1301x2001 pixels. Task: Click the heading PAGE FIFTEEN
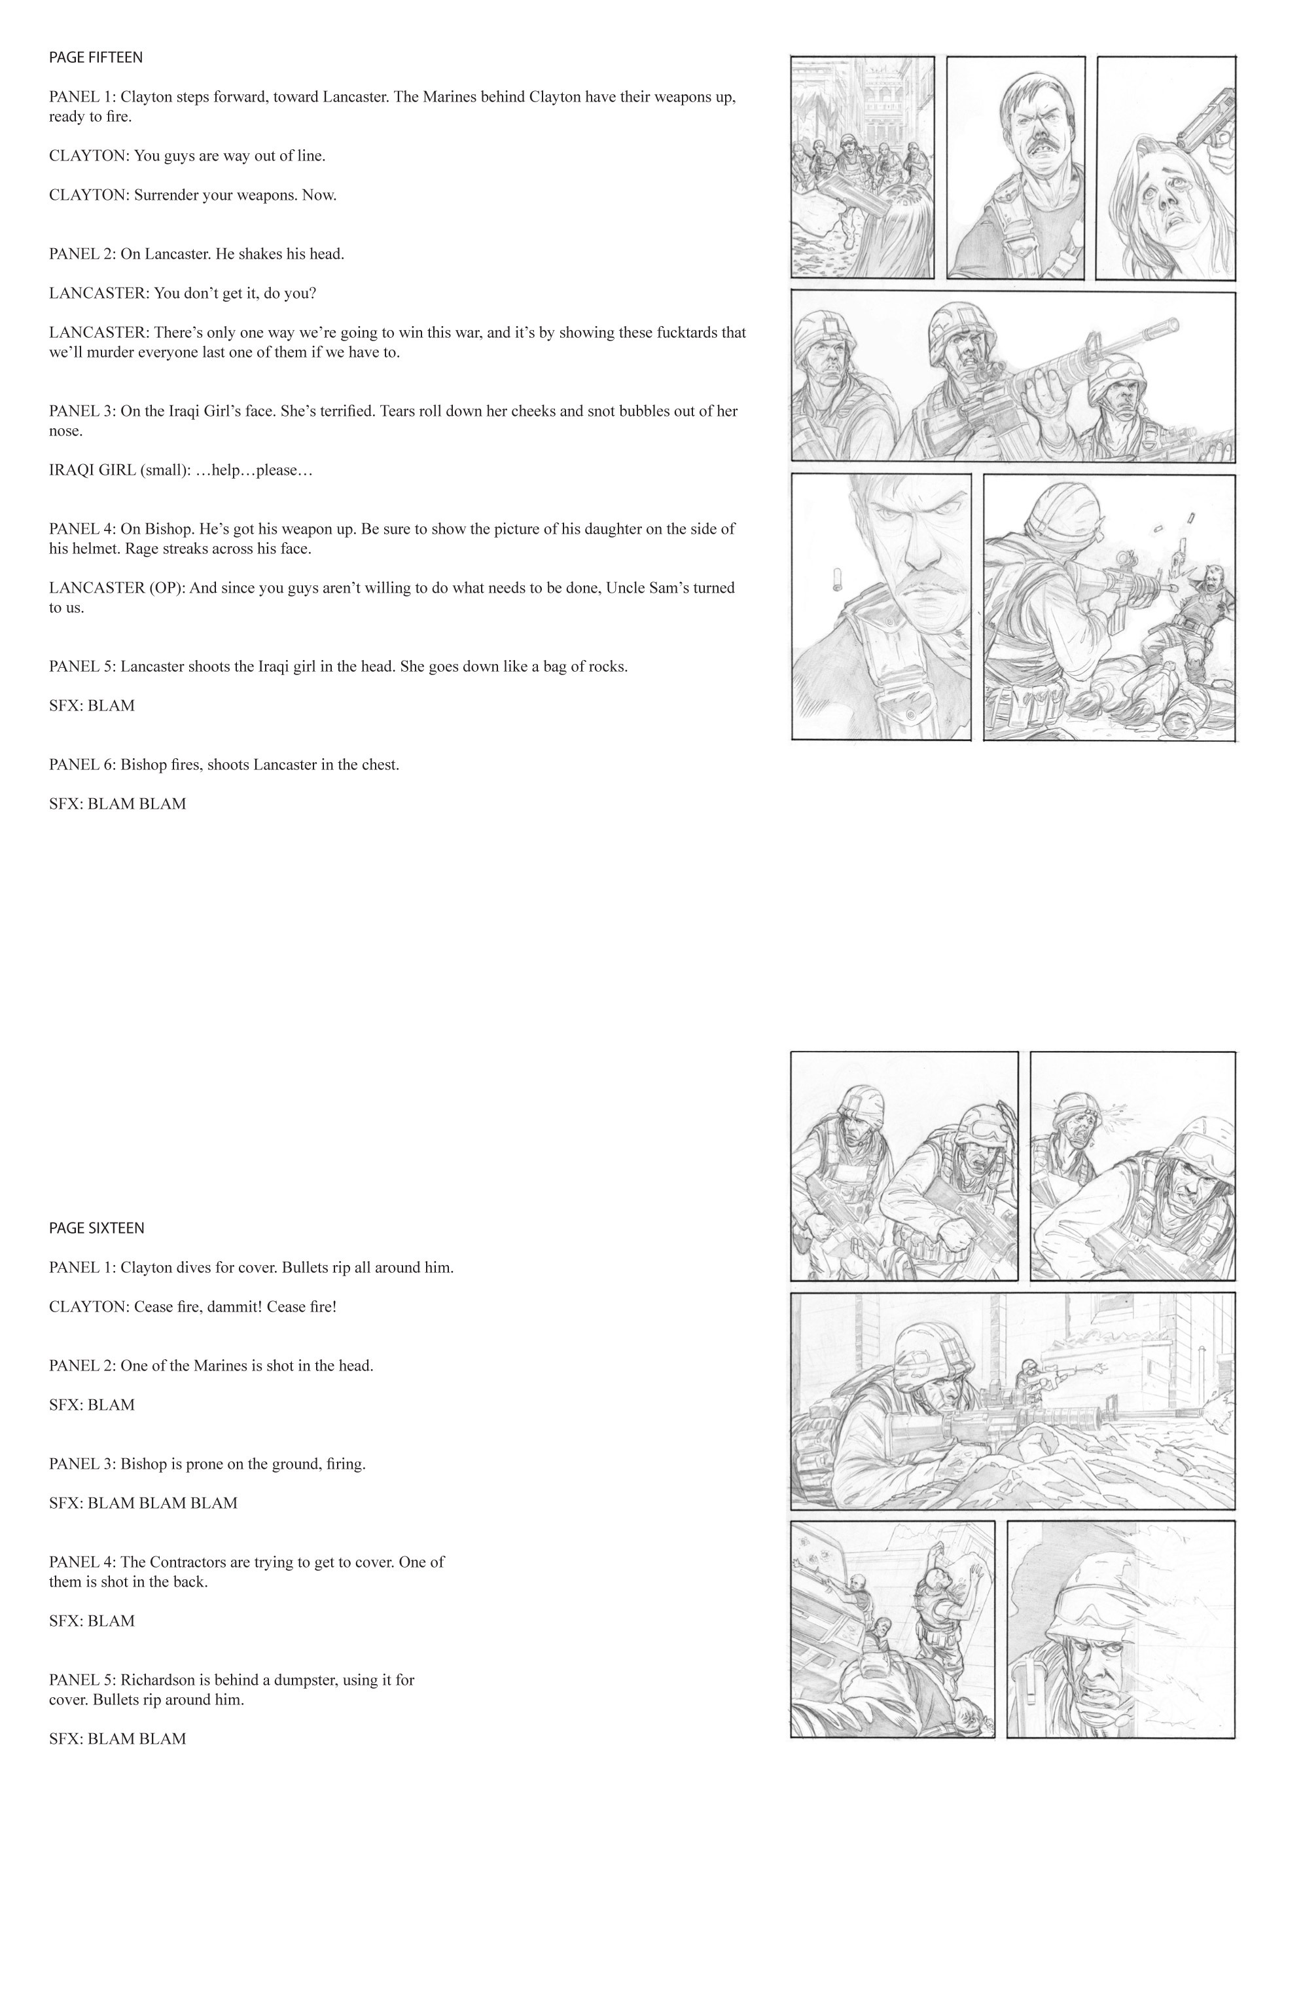[96, 57]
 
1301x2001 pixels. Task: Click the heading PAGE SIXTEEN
[97, 1228]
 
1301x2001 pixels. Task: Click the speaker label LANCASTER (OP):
[117, 588]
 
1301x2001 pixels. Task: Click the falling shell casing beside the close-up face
[836, 580]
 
